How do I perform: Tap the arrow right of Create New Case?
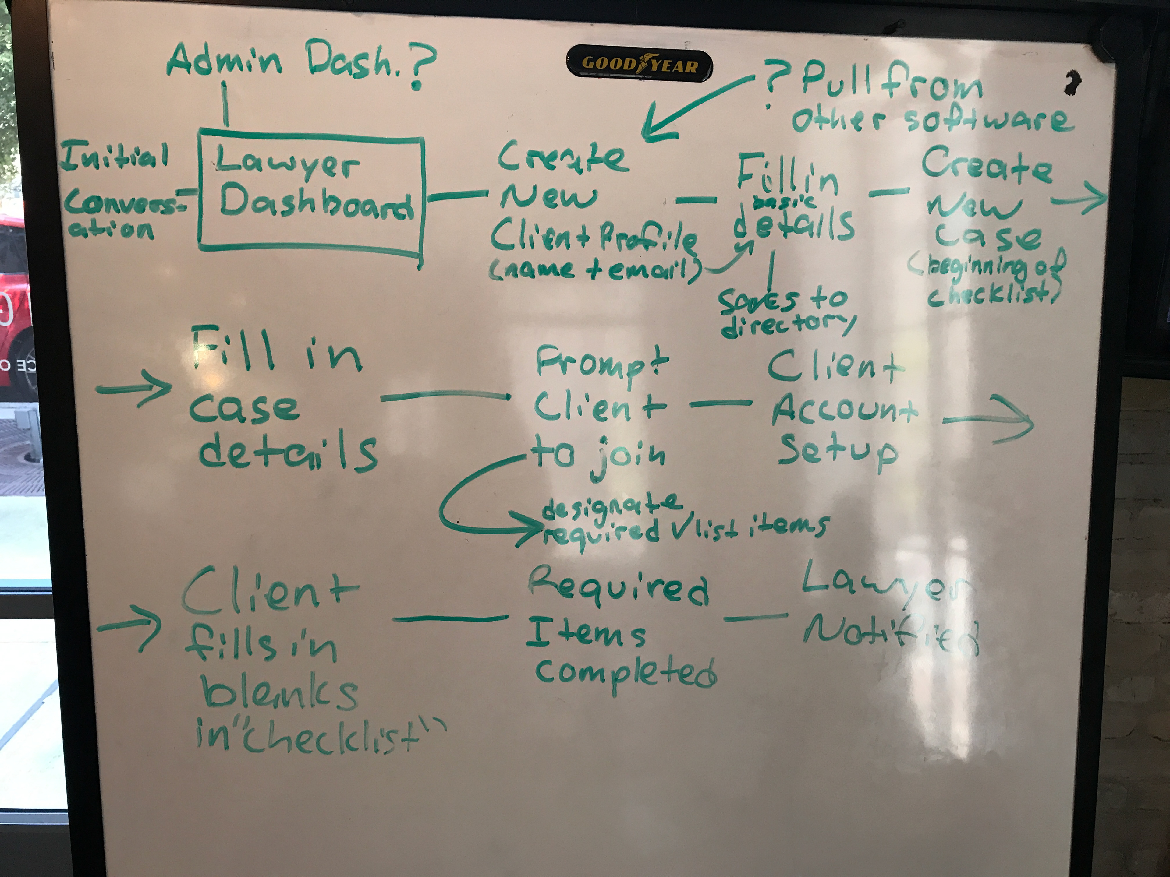pos(1079,199)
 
